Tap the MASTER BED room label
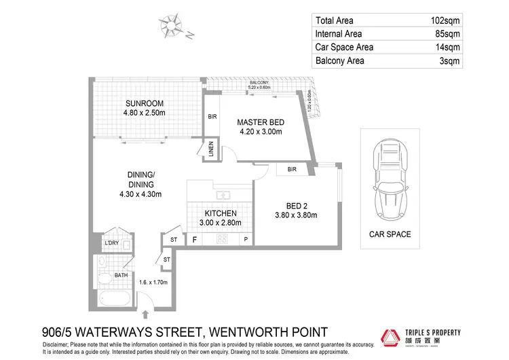[x=260, y=122]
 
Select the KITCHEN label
[x=215, y=212]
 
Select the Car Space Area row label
[x=344, y=48]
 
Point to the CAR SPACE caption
[x=390, y=234]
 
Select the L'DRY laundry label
[x=111, y=242]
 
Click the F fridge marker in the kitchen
[x=195, y=240]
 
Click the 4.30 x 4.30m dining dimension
[x=141, y=195]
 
